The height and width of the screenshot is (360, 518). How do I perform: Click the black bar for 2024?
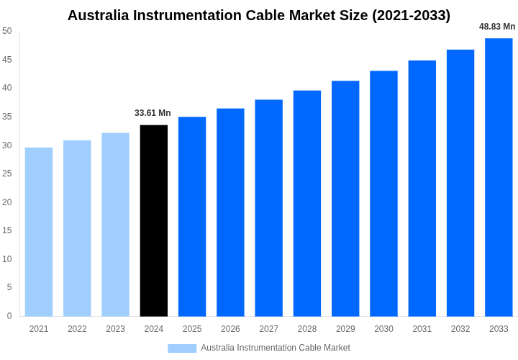pos(154,220)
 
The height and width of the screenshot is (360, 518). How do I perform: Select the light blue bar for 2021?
pos(39,232)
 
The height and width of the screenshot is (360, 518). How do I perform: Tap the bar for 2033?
pos(499,177)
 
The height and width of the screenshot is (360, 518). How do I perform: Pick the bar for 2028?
pos(307,203)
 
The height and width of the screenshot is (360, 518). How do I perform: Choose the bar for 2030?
pos(383,193)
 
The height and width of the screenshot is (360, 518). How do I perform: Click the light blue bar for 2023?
pos(115,224)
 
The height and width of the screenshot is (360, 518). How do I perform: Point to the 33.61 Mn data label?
pos(153,113)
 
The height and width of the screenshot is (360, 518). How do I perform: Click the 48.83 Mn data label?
pos(497,27)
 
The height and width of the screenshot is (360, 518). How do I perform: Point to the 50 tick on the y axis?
pos(7,31)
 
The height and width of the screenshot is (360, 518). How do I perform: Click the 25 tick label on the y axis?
pos(7,174)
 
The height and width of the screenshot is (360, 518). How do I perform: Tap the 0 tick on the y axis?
pos(9,316)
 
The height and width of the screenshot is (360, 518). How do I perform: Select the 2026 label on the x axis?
pos(230,329)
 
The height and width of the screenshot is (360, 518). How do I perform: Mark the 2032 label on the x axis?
pos(460,329)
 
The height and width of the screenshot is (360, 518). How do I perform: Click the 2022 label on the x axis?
pos(77,329)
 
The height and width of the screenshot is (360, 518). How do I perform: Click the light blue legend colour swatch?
pos(182,348)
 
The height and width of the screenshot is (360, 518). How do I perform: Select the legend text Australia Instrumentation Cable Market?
pos(276,348)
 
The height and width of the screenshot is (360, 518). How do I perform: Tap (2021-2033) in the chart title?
pos(411,15)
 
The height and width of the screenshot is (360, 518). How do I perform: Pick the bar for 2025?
pos(192,216)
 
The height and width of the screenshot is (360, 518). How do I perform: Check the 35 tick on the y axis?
pos(7,117)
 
